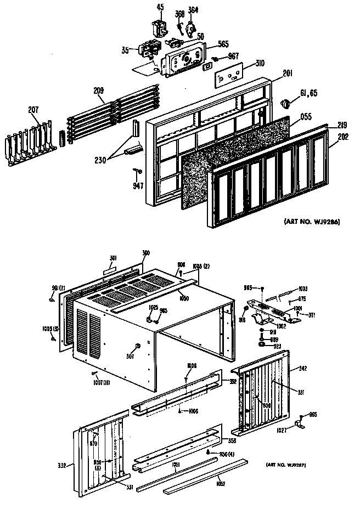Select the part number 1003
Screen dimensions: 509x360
pyautogui.click(x=303, y=289)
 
